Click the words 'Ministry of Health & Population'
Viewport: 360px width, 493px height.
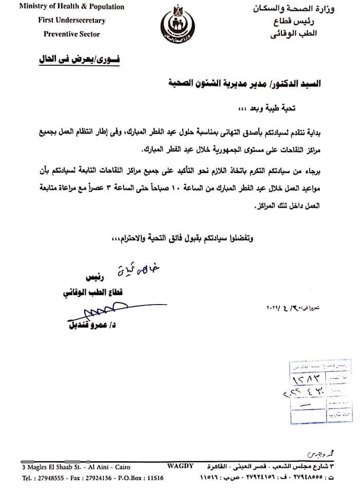(71, 7)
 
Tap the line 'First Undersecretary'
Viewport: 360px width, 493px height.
(71, 21)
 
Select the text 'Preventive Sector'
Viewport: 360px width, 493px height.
(71, 34)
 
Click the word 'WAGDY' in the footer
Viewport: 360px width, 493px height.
(180, 466)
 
